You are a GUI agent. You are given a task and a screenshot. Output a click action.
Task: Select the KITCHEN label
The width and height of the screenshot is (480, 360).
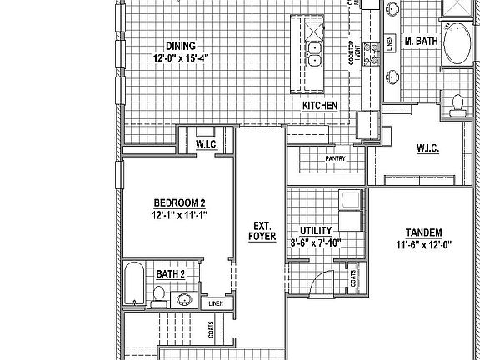click(319, 106)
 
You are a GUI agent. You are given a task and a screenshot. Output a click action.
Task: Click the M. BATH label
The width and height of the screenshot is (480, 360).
click(421, 41)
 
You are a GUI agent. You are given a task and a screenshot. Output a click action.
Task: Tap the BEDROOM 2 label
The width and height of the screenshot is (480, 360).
click(179, 202)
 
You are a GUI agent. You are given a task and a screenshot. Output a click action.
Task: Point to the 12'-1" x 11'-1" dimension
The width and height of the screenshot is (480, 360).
click(179, 214)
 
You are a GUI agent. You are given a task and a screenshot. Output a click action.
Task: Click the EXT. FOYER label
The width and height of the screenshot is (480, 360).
click(261, 231)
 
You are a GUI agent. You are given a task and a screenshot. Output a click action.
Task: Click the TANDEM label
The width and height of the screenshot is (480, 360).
click(423, 232)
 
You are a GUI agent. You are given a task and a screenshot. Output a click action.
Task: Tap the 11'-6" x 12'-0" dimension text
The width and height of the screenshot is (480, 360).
click(423, 244)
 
